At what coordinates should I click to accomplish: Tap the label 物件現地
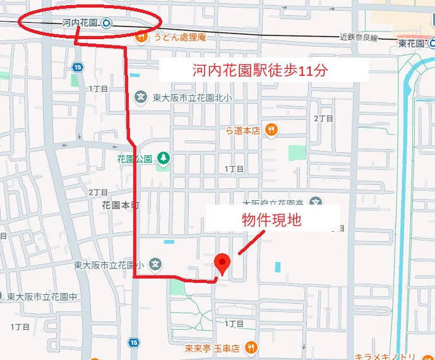pyautogui.click(x=272, y=220)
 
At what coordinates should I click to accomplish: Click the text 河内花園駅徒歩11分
pyautogui.click(x=260, y=70)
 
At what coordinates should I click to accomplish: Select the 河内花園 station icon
pyautogui.click(x=106, y=23)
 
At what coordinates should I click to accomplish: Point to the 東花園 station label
pyautogui.click(x=411, y=44)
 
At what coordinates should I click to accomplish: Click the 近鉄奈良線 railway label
pyautogui.click(x=358, y=38)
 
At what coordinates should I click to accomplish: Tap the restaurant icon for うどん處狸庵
pyautogui.click(x=141, y=37)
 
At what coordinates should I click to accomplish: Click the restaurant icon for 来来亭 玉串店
pyautogui.click(x=251, y=347)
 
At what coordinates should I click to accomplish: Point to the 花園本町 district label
pyautogui.click(x=120, y=205)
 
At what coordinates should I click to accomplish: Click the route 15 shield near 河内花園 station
pyautogui.click(x=78, y=66)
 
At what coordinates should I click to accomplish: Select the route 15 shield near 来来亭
pyautogui.click(x=133, y=342)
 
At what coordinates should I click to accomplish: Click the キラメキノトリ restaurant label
pyautogui.click(x=384, y=355)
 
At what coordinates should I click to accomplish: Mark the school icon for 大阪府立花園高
pyautogui.click(x=316, y=202)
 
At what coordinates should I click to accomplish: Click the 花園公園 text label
pyautogui.click(x=134, y=159)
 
